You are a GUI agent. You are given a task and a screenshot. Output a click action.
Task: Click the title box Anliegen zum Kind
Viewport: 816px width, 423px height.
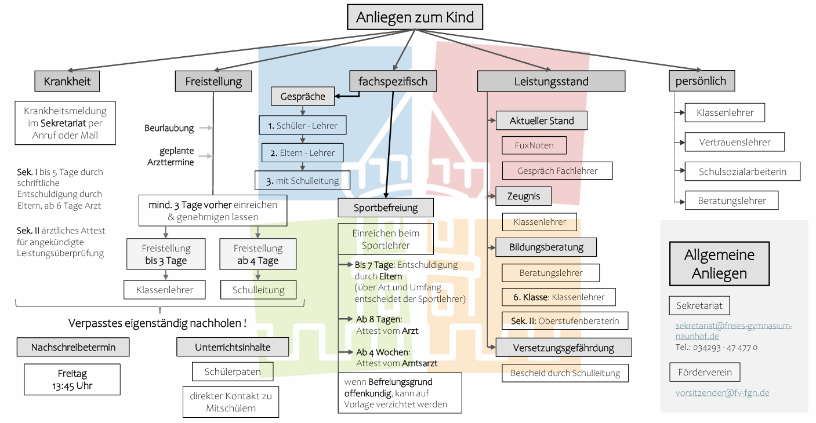pyautogui.click(x=415, y=17)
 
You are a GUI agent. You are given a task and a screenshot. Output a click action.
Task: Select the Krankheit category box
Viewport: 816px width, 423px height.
pyautogui.click(x=67, y=81)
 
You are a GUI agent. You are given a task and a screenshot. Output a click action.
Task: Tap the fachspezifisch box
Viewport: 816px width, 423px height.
pyautogui.click(x=393, y=81)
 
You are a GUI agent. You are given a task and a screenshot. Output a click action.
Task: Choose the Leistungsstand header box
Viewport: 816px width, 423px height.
pyautogui.click(x=551, y=81)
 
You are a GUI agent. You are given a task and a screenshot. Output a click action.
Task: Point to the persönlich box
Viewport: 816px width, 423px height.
pyautogui.click(x=701, y=81)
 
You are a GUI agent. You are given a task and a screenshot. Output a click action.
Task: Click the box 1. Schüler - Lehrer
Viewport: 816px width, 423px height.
pyautogui.click(x=302, y=125)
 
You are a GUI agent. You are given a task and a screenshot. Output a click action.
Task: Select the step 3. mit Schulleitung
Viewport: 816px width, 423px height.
pyautogui.click(x=302, y=181)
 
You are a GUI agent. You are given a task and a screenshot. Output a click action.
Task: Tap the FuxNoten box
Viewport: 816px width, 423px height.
pyautogui.click(x=534, y=145)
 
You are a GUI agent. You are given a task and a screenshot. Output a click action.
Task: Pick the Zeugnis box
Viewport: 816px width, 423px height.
pyautogui.click(x=523, y=196)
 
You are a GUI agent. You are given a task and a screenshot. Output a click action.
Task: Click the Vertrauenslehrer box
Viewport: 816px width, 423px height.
pyautogui.click(x=734, y=142)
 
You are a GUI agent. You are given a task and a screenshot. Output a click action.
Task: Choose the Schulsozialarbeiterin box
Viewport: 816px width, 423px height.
pyautogui.click(x=742, y=172)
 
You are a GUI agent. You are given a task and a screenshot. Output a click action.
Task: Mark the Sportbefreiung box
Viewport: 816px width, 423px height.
pyautogui.click(x=386, y=207)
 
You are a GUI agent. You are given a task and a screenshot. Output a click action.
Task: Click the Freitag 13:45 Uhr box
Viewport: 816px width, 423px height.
pyautogui.click(x=72, y=380)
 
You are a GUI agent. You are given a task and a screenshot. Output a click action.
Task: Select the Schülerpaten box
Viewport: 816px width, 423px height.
pyautogui.click(x=233, y=371)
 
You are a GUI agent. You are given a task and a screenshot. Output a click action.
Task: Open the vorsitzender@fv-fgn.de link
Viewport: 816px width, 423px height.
pyautogui.click(x=722, y=392)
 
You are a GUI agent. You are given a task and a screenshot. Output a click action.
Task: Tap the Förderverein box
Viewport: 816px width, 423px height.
pyautogui.click(x=704, y=372)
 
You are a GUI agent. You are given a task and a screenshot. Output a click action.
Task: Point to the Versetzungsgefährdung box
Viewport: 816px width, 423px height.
pyautogui.click(x=563, y=348)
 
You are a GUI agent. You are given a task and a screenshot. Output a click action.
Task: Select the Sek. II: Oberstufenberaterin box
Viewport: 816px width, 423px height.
pyautogui.click(x=564, y=320)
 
